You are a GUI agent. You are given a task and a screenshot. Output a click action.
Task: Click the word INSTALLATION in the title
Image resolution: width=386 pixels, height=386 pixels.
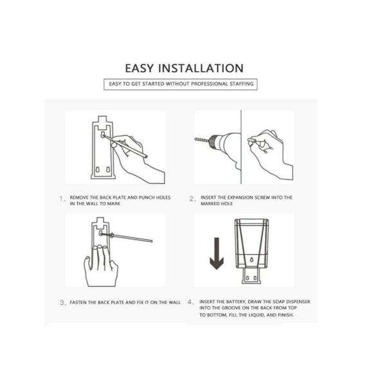click(x=201, y=68)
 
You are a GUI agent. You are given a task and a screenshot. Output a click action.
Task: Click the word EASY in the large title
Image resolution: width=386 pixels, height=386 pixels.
click(x=140, y=68)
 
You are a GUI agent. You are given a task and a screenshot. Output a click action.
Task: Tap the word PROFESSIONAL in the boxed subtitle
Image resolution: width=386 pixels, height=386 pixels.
click(x=210, y=84)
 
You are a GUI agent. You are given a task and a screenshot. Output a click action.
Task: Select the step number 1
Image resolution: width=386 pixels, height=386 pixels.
click(x=61, y=198)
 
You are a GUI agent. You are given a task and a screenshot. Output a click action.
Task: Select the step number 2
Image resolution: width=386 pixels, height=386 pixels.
click(x=192, y=198)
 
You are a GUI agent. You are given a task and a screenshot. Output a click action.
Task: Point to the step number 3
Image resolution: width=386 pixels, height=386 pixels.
click(x=62, y=302)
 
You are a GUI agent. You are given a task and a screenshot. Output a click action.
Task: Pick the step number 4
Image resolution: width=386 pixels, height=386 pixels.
click(x=190, y=302)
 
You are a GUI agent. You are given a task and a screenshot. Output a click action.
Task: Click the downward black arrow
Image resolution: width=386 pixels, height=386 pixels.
click(x=217, y=253)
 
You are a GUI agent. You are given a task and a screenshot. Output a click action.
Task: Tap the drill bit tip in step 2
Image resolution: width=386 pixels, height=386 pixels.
click(x=195, y=140)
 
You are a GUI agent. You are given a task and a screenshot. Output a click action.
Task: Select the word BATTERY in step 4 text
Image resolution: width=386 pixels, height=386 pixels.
click(x=236, y=302)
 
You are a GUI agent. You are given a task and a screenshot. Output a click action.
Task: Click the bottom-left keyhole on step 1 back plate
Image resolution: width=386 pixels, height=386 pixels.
click(x=98, y=170)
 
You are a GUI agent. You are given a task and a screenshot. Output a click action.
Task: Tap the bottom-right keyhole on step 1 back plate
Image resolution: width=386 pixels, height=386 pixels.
click(x=108, y=170)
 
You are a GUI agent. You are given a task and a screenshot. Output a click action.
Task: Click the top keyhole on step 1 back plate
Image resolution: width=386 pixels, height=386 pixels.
click(x=103, y=134)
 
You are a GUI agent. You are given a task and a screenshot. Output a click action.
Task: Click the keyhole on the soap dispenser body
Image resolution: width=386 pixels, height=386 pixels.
click(x=252, y=260)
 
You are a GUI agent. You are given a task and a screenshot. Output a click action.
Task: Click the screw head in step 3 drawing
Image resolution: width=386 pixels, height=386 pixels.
click(x=112, y=235)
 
